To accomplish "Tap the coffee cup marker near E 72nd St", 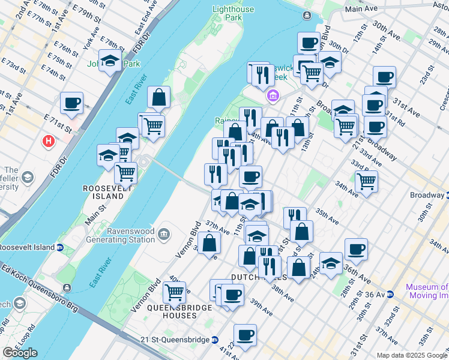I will point(71,102).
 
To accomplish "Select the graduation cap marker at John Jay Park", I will point(110,61).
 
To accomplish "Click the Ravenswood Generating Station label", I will point(131,235).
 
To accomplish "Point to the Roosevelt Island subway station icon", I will point(60,247).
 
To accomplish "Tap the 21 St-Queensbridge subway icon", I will point(214,340).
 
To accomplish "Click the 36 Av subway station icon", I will point(390,294).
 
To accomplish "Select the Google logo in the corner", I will point(20,353).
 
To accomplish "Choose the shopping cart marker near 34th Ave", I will point(366,181).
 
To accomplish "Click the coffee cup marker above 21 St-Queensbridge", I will point(245,335).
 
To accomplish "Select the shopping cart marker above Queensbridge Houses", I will point(174,292).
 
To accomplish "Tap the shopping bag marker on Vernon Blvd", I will point(209,243).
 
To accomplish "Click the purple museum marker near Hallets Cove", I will point(273,95).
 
